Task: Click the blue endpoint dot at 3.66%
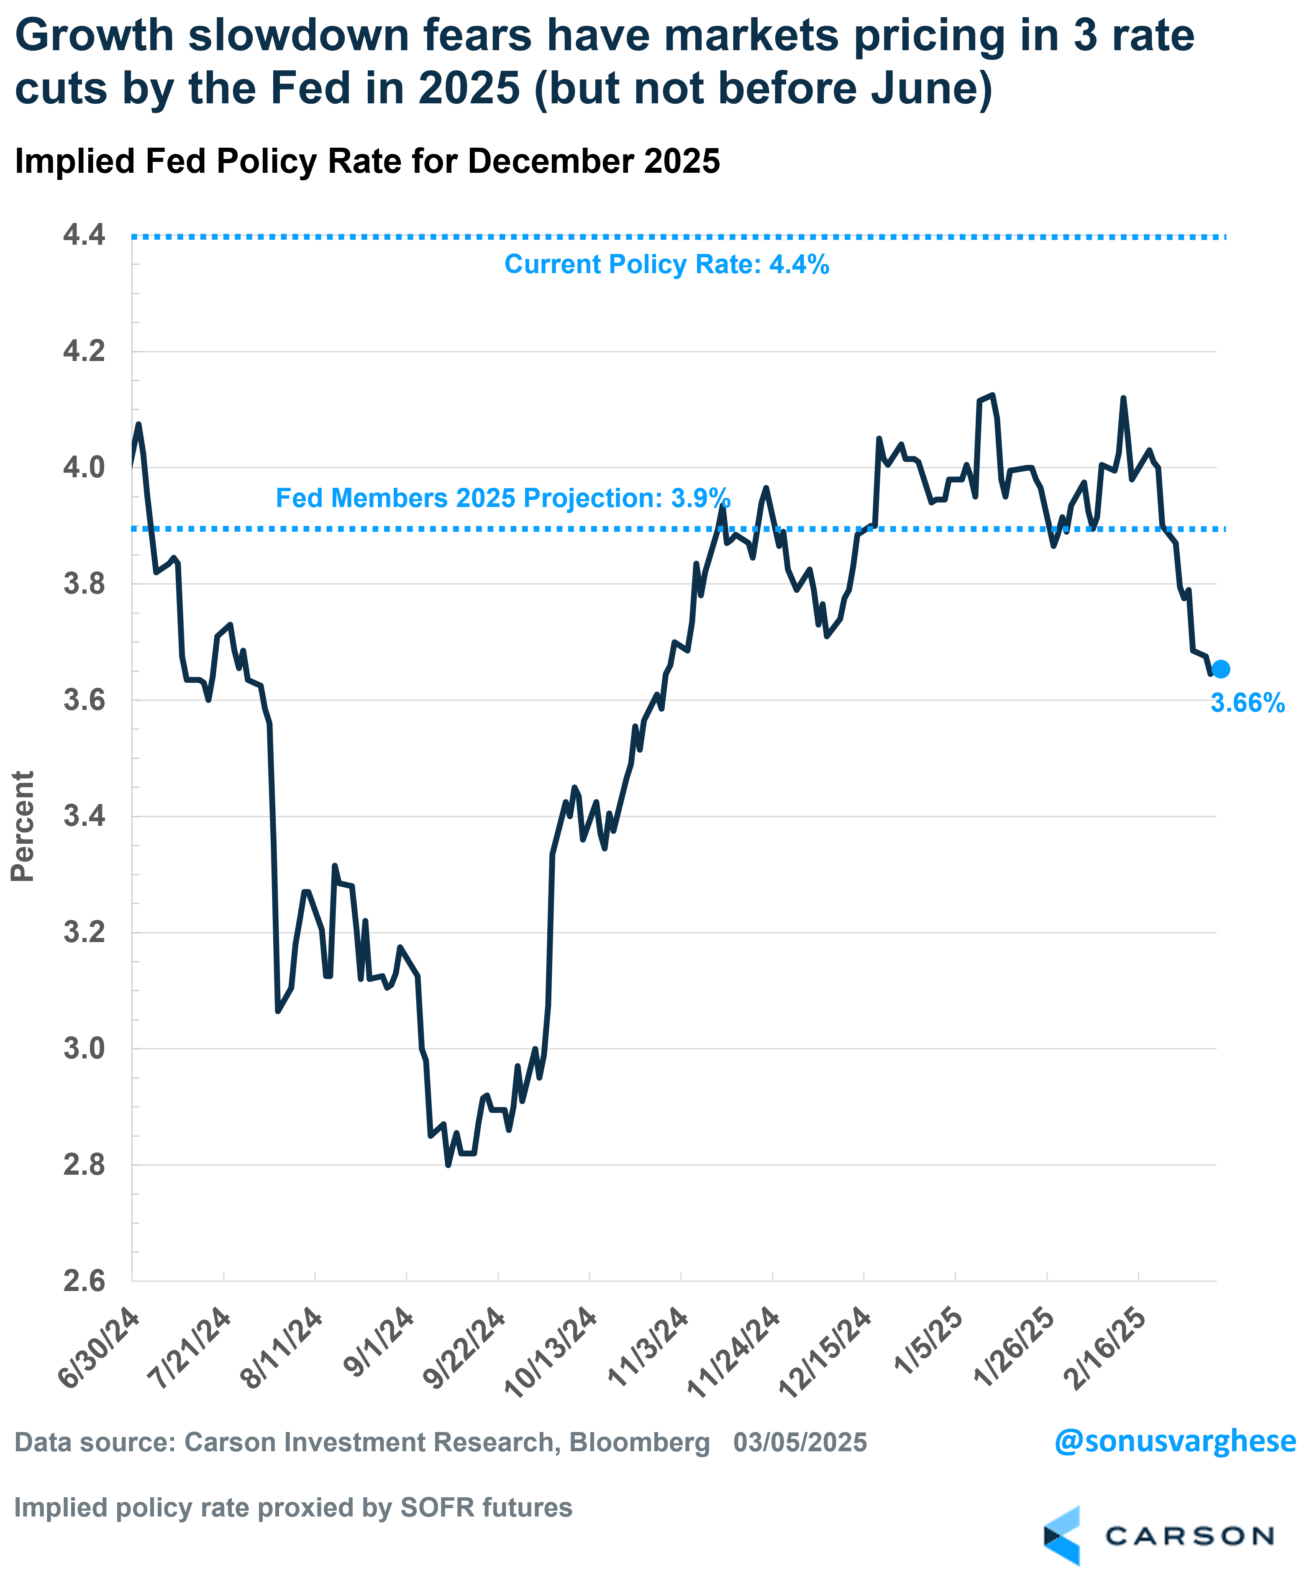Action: tap(1220, 669)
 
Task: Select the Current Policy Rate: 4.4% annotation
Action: tap(666, 264)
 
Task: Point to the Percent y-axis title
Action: tap(23, 826)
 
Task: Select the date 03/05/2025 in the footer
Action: tap(799, 1442)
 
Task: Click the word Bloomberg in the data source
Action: tap(639, 1442)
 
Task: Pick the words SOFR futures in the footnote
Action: tap(486, 1508)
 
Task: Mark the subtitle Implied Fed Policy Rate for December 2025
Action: tap(367, 161)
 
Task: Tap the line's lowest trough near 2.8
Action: tap(448, 1165)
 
